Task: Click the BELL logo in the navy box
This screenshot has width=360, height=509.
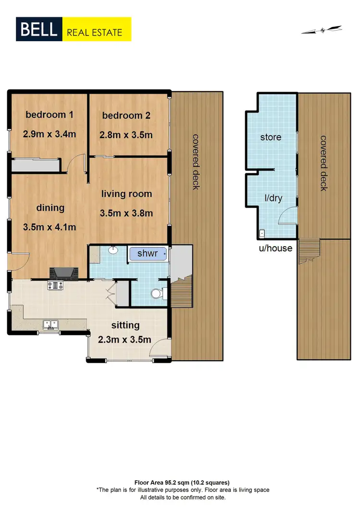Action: tap(39, 30)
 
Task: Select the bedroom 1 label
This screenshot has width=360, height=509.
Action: tap(49, 115)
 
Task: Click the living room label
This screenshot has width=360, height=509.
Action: tap(126, 194)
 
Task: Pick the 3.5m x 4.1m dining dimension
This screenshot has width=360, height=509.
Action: tap(49, 227)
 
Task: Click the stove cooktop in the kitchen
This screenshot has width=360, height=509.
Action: tap(55, 285)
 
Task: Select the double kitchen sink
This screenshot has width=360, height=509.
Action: tap(50, 324)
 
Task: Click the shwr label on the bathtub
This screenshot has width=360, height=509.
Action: tap(147, 253)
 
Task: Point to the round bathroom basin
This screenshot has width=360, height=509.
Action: tap(114, 250)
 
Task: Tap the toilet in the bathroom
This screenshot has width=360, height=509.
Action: tap(157, 294)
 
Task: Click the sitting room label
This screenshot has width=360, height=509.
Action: tap(126, 325)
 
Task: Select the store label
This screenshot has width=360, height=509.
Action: tap(271, 137)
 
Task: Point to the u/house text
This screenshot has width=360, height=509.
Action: tap(276, 248)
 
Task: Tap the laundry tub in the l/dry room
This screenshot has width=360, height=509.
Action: tap(262, 234)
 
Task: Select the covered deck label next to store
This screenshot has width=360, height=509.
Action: tap(324, 163)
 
